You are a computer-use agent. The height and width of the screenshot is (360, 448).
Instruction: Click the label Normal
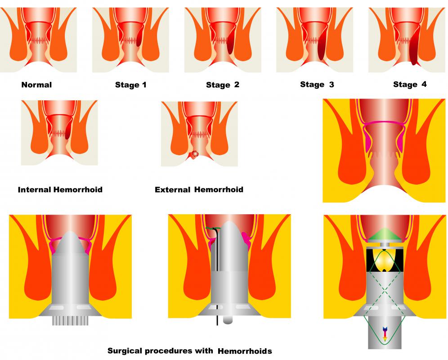(36, 85)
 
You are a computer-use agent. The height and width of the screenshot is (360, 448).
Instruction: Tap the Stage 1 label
(130, 85)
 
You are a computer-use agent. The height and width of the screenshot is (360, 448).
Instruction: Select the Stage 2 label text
(223, 85)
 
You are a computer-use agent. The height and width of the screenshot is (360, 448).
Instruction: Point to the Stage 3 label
(317, 85)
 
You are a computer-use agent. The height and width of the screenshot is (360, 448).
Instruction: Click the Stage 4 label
(410, 84)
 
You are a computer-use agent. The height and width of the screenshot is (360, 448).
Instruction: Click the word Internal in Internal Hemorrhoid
(35, 189)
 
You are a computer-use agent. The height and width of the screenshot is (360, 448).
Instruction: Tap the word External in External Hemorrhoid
(173, 189)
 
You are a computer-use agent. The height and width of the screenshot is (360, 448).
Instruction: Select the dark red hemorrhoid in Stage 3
(322, 46)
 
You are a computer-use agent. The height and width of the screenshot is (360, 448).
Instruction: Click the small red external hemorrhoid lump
(194, 154)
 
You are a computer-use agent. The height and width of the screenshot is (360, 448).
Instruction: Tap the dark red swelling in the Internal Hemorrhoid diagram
(68, 130)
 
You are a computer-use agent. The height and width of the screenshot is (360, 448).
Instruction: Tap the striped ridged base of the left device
(70, 320)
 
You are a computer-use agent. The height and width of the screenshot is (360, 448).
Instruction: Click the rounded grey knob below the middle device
(227, 319)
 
